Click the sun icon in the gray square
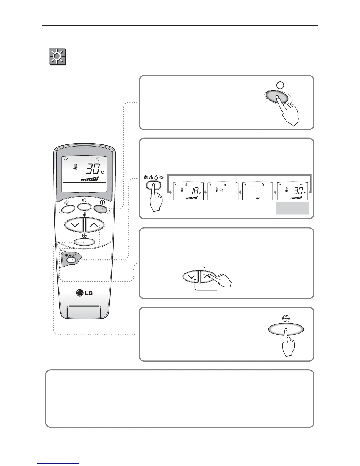(57, 57)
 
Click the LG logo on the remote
(84, 293)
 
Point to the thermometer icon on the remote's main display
(75, 167)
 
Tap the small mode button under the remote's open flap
(71, 260)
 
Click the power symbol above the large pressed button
(280, 85)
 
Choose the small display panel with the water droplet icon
(257, 191)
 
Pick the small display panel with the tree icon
(223, 191)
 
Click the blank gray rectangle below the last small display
(292, 208)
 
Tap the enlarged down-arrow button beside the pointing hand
(191, 277)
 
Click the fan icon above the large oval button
(286, 318)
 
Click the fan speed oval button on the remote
(84, 242)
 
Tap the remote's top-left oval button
(67, 209)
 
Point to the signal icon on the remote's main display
(66, 159)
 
